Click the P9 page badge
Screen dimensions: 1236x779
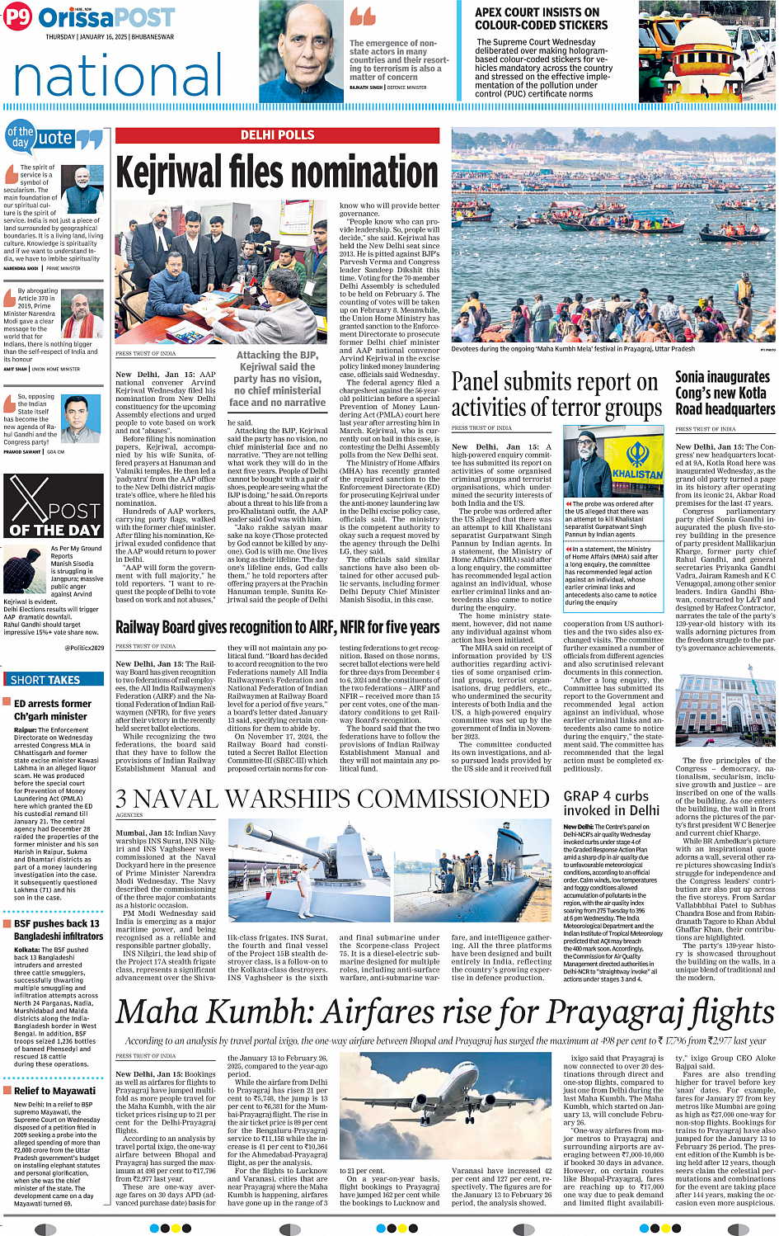pos(16,17)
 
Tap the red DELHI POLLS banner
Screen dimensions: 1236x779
pos(277,134)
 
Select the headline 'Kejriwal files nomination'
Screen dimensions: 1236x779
pos(277,173)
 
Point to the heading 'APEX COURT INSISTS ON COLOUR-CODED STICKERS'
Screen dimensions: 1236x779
pos(541,18)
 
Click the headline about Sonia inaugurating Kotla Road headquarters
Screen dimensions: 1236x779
pos(725,393)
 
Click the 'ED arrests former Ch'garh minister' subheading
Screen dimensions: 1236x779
pos(52,710)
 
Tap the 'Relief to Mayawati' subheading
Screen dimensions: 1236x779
pos(54,1090)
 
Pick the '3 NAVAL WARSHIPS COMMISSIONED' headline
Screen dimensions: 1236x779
pos(332,799)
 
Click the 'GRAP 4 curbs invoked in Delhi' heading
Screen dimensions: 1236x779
pos(611,803)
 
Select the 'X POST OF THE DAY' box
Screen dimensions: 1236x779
pos(54,508)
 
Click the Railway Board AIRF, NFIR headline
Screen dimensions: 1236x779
pos(277,628)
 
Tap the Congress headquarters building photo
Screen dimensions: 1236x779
pos(725,710)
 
